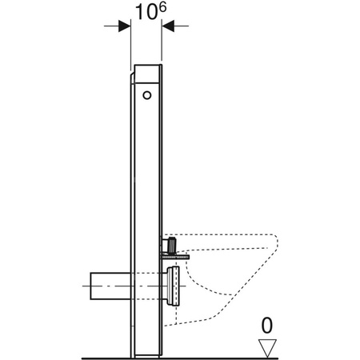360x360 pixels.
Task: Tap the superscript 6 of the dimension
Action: [161, 6]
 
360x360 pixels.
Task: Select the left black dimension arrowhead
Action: [124, 26]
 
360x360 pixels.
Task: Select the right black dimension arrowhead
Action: [169, 26]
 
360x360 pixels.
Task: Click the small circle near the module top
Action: [146, 96]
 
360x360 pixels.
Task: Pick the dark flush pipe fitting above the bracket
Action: [170, 242]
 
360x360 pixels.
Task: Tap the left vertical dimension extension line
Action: [130, 48]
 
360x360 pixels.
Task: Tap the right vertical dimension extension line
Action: [162, 48]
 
